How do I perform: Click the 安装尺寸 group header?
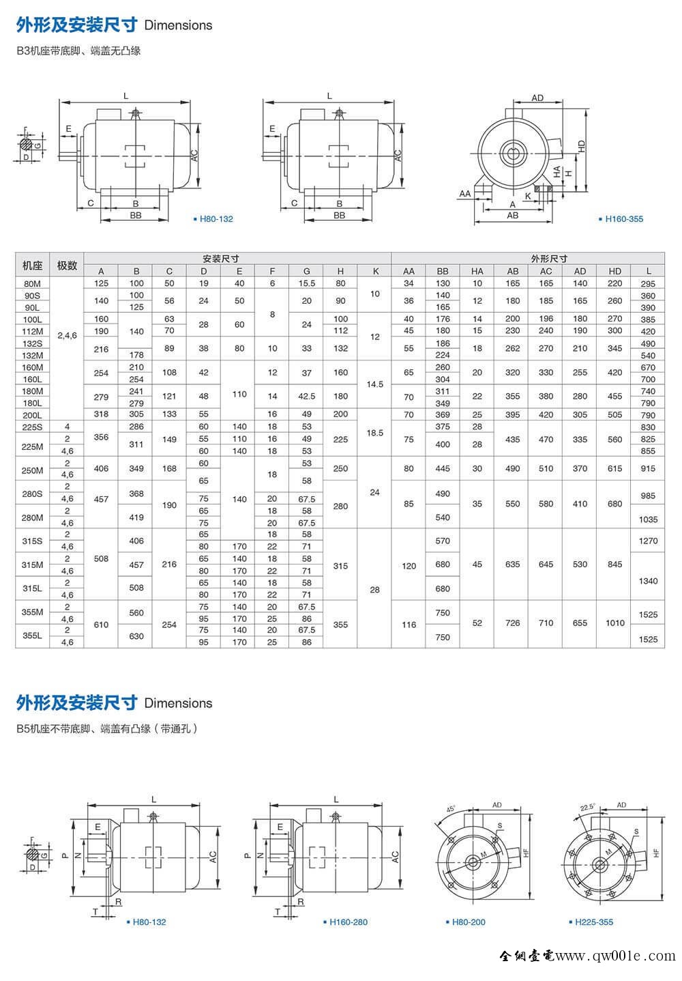coord(220,259)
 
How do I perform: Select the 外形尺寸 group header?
coord(548,259)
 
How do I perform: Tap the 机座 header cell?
coord(33,265)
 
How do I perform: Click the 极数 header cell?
coord(67,265)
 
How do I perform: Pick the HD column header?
coord(614,271)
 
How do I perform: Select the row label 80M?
coord(33,283)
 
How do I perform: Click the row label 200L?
coord(33,415)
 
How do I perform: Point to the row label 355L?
coord(33,636)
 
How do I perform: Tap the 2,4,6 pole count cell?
coord(67,336)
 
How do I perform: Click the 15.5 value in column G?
coord(306,283)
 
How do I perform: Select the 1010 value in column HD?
coord(614,623)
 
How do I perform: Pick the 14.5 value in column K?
coord(375,384)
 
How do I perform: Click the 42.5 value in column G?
coord(306,396)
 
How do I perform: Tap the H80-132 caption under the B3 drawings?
coord(214,219)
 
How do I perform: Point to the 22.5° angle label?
coord(587,807)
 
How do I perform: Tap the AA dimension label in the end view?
coord(465,194)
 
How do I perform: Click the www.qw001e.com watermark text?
coord(615,956)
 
